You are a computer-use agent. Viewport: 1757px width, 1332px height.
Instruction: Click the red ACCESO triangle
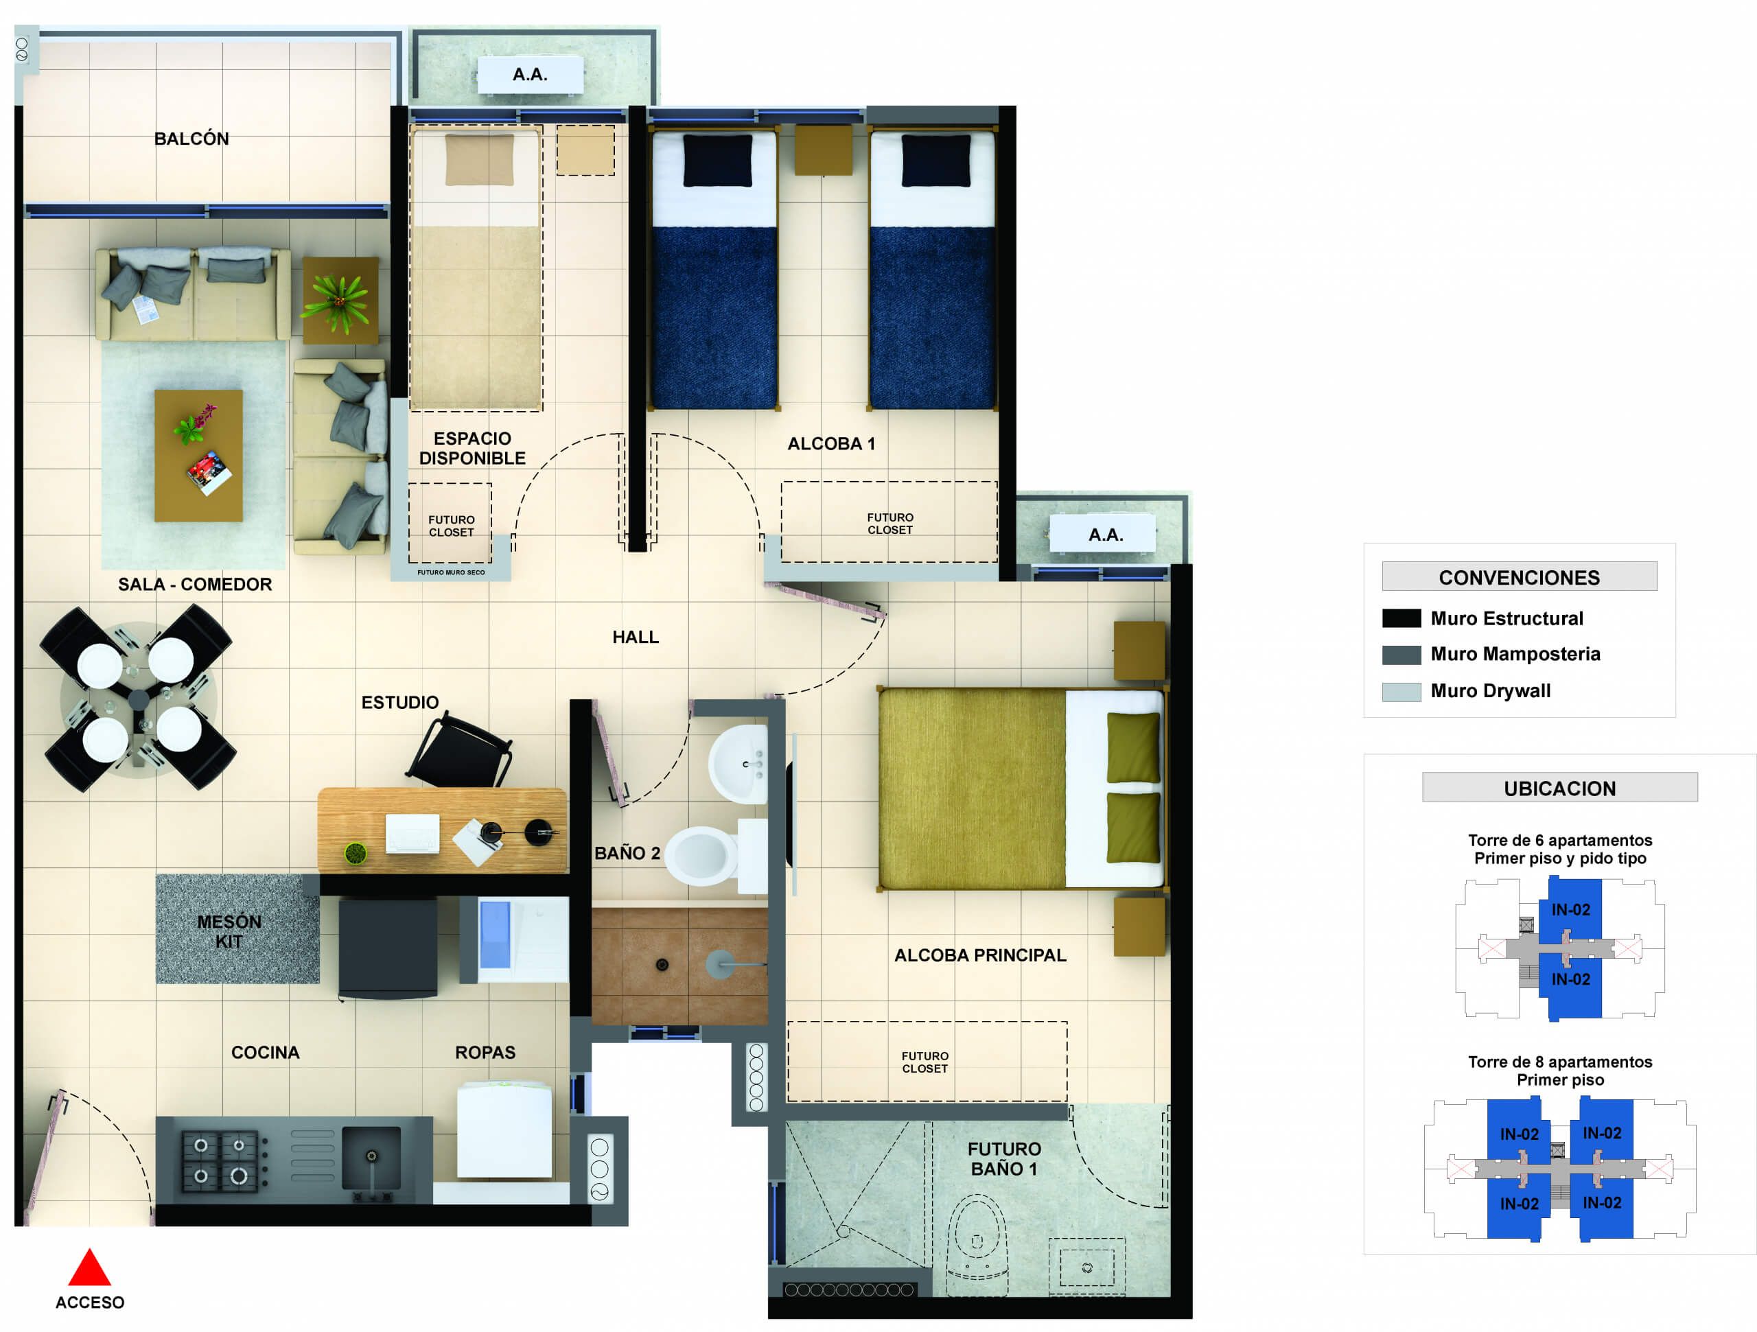pos(89,1267)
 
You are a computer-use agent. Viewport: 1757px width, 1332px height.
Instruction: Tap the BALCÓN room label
pos(191,139)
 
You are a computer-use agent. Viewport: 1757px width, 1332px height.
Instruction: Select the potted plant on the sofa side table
pos(340,301)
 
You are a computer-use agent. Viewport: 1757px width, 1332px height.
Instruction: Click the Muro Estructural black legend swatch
pos(1401,618)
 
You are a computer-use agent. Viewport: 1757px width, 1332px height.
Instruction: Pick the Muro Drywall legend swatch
pos(1401,691)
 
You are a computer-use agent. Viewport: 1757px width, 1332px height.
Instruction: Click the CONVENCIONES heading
pos(1519,577)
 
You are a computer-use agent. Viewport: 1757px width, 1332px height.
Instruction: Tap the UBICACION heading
pos(1559,788)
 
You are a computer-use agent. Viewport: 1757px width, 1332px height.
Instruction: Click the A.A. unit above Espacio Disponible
pos(530,75)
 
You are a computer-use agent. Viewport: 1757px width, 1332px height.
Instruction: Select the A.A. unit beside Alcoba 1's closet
pos(1105,535)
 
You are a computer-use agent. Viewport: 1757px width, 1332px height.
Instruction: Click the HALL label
pos(636,637)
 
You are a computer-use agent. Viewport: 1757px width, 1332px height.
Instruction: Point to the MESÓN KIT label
pos(229,931)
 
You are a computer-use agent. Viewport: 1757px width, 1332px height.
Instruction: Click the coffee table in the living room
pos(198,455)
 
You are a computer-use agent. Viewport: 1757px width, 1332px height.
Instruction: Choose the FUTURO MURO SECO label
pos(450,572)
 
